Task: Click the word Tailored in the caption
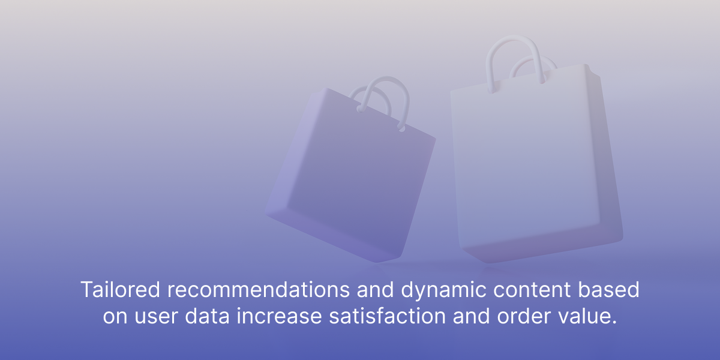tap(120, 289)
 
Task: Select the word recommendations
tap(259, 289)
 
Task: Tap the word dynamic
tap(443, 291)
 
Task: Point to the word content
tap(532, 289)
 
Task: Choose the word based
tap(609, 289)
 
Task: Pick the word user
tap(156, 317)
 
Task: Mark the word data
tap(207, 316)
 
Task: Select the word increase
tap(279, 316)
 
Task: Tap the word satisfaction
tap(387, 316)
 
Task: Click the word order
tap(524, 316)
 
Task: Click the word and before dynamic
tap(375, 289)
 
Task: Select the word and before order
tap(471, 316)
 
